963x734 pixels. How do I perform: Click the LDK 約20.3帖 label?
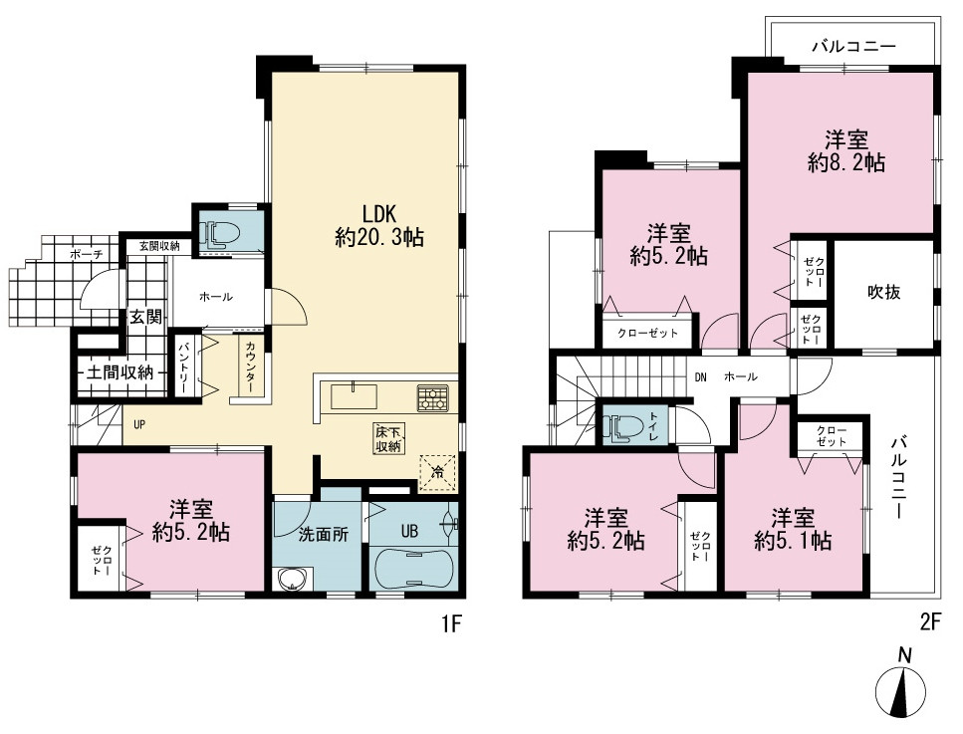click(x=379, y=225)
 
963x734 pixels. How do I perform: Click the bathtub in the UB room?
click(x=412, y=569)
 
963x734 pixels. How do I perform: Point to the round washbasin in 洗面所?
click(x=292, y=580)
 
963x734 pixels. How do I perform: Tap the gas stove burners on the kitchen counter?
click(x=433, y=397)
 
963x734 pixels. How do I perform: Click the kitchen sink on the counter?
click(x=354, y=396)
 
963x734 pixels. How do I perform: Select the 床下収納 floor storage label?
click(x=388, y=438)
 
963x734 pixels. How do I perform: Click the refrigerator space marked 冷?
click(x=436, y=473)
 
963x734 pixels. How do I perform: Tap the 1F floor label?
click(x=451, y=624)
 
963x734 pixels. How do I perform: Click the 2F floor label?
click(x=930, y=622)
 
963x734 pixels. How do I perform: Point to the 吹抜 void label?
click(x=883, y=293)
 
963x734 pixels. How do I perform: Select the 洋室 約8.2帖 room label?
click(x=846, y=151)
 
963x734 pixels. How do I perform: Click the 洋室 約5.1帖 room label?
click(x=793, y=530)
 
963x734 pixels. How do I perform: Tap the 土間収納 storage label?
click(x=120, y=371)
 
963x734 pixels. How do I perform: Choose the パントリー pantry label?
click(x=183, y=367)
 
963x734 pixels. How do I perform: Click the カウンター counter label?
click(x=251, y=367)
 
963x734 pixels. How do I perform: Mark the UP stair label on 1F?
click(x=139, y=424)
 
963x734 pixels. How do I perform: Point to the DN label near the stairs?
click(x=700, y=377)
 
